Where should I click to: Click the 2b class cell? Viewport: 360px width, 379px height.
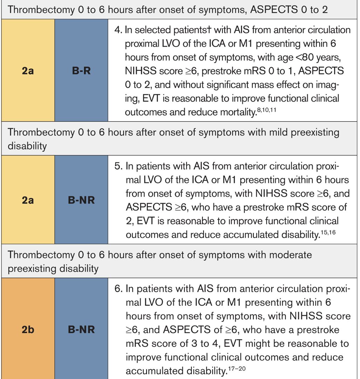click(28, 330)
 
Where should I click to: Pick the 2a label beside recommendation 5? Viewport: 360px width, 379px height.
click(28, 201)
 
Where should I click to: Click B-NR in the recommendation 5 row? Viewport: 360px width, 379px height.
click(81, 201)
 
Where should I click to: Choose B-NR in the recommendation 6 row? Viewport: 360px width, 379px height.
click(81, 330)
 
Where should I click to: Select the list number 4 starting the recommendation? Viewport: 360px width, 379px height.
click(117, 30)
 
